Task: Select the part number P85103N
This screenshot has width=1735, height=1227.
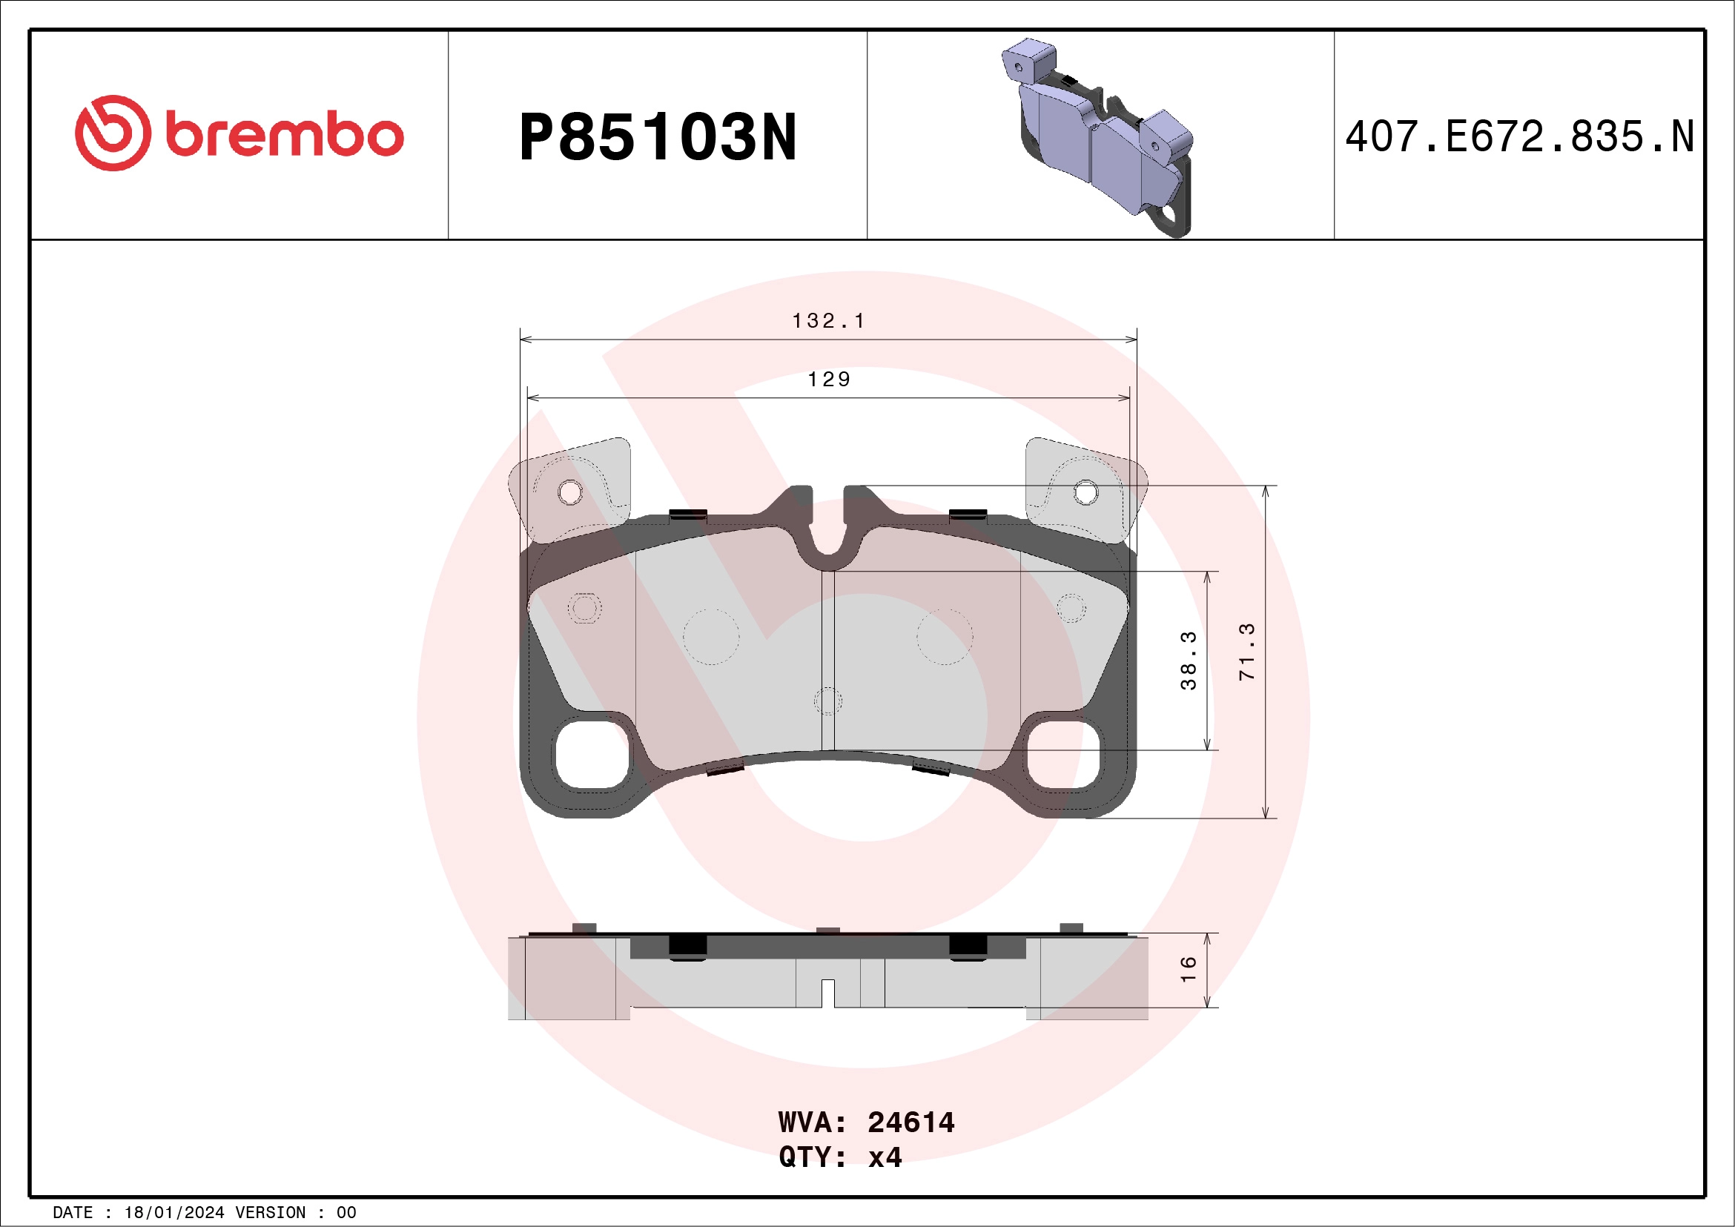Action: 658,137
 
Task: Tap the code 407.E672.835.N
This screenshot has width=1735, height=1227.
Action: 1519,136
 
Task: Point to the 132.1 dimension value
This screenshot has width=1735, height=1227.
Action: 828,321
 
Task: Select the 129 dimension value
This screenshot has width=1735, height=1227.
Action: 829,380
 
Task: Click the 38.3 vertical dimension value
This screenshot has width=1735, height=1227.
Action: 1189,661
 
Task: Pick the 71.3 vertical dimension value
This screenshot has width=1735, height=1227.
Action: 1247,652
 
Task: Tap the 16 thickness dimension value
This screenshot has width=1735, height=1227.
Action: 1189,969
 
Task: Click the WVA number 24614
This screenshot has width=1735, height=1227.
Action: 911,1122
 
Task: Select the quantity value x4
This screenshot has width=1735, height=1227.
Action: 885,1157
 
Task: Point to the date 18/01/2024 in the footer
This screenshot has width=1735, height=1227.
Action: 173,1213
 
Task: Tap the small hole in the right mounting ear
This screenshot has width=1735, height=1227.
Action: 1085,492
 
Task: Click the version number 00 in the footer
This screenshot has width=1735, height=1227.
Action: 346,1213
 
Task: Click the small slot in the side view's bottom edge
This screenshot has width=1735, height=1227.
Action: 827,993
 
